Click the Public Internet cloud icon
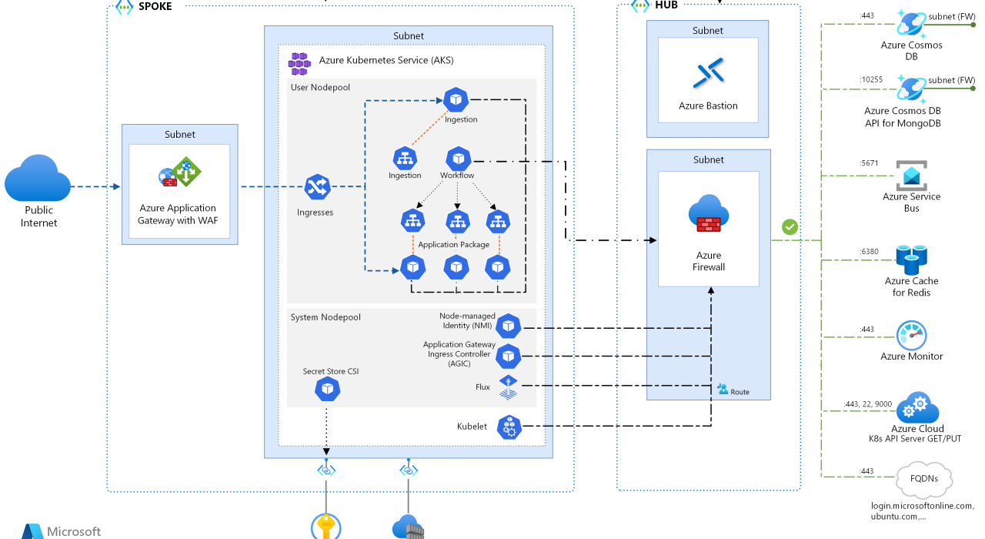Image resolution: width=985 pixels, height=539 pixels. click(37, 179)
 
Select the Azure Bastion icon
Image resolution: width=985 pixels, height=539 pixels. click(708, 73)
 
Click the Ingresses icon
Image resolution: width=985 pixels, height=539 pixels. click(317, 187)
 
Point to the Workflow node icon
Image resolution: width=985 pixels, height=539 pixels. click(459, 159)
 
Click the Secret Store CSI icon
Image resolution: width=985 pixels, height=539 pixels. click(327, 390)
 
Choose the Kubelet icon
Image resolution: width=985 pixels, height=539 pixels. click(509, 426)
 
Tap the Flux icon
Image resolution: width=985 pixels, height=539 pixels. click(508, 387)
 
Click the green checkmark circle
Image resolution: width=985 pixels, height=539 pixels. click(790, 227)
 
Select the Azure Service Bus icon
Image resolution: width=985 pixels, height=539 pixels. click(912, 176)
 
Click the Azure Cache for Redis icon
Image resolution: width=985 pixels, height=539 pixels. click(911, 260)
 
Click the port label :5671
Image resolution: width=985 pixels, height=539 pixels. click(868, 163)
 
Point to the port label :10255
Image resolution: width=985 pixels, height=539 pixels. click(871, 79)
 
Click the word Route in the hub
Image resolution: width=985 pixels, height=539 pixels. click(740, 392)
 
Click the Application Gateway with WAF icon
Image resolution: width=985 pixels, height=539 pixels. click(179, 172)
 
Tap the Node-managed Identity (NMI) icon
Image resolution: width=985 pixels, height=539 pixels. click(508, 326)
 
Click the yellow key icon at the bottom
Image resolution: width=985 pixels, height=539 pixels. click(326, 529)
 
